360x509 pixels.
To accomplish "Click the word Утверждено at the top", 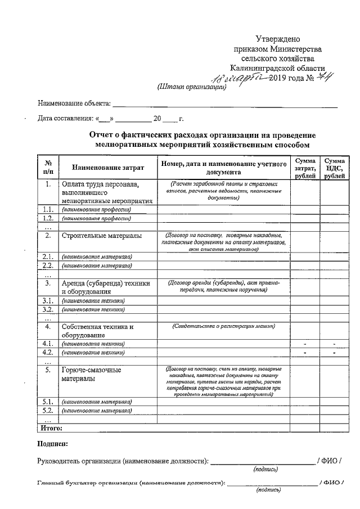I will (278, 39).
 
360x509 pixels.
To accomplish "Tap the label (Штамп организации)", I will (191, 87).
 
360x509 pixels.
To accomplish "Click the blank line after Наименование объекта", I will (225, 105).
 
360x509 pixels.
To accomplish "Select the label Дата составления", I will (65, 119).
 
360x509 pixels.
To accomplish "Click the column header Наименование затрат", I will (107, 168).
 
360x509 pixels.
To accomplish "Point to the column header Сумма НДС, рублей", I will (334, 168).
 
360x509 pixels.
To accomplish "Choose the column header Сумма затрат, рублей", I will (305, 168).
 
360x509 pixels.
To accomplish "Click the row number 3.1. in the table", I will (48, 300).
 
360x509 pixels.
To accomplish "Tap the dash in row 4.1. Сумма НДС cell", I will (334, 343).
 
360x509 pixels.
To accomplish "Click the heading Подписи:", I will (52, 444).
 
